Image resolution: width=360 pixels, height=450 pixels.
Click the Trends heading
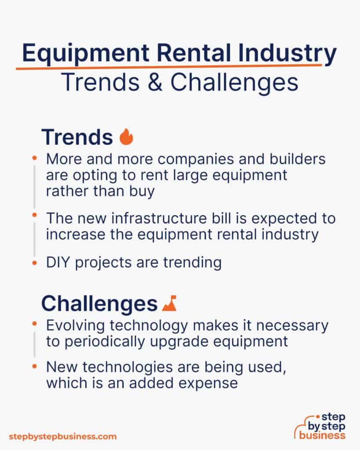pyautogui.click(x=77, y=137)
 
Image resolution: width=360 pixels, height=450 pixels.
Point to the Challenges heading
pyautogui.click(x=99, y=303)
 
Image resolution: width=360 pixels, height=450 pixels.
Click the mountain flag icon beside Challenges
pyautogui.click(x=169, y=303)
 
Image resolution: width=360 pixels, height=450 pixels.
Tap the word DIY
pyautogui.click(x=59, y=263)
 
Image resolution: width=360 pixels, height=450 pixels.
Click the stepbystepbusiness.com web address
pyautogui.click(x=63, y=437)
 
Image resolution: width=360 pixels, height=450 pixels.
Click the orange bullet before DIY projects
pyautogui.click(x=34, y=263)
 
